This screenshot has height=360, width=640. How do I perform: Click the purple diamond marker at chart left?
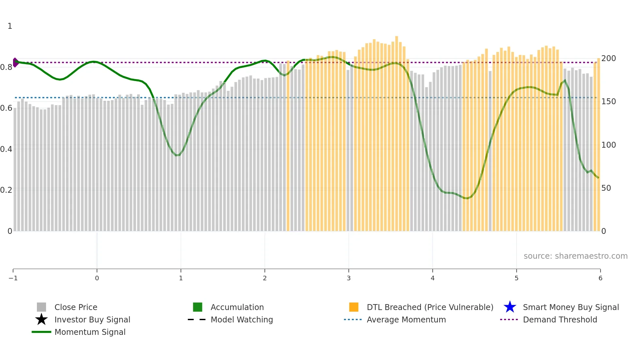15,62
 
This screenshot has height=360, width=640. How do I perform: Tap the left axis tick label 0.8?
6,67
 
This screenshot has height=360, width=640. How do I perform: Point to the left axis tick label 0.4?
6,149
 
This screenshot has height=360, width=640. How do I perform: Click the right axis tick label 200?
608,58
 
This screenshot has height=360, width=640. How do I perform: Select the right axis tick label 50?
606,188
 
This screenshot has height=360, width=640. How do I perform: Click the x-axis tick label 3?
348,278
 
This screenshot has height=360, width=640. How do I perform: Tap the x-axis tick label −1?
13,278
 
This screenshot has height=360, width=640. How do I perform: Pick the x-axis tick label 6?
600,278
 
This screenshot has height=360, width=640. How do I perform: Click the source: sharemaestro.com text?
575,256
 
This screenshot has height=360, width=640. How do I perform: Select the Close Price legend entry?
76,307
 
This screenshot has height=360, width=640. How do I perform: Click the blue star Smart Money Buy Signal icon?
510,307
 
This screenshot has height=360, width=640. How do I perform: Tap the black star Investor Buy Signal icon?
41,319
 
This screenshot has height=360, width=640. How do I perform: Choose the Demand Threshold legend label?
560,320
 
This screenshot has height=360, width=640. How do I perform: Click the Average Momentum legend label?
406,320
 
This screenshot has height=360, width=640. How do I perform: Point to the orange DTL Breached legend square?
354,307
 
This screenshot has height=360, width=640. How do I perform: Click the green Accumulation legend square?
198,307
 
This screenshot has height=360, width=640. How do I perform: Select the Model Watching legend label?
242,320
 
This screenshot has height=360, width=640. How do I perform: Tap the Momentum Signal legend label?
90,332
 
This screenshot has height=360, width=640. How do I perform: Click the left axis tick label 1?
10,26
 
